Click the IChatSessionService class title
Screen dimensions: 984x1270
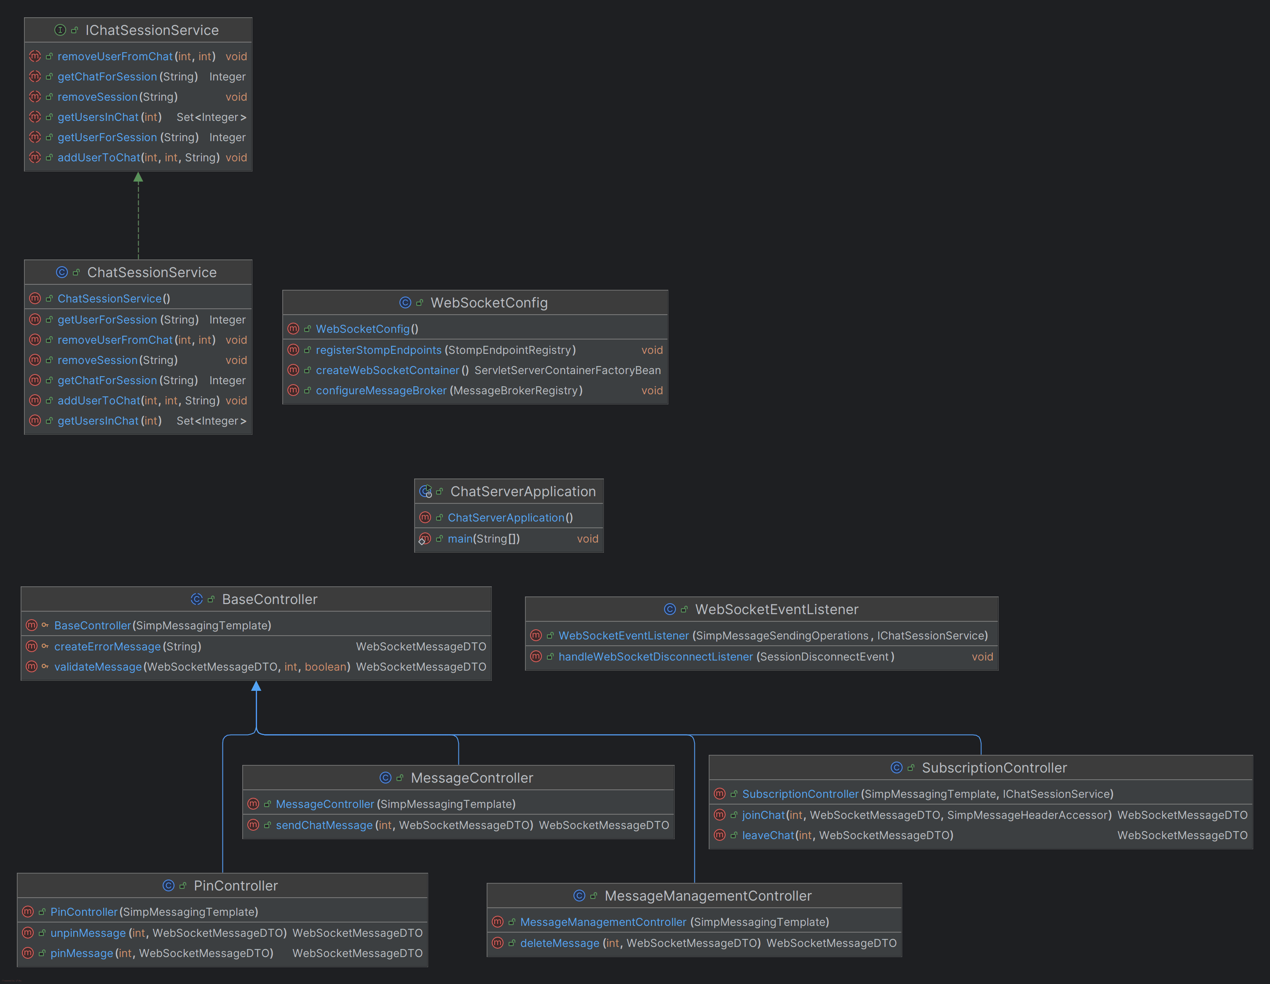[x=152, y=30]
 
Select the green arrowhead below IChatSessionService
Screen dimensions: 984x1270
[x=138, y=177]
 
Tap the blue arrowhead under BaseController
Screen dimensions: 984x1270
[x=256, y=687]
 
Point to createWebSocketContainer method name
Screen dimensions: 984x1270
[x=387, y=370]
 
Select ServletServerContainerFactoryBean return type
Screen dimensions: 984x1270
[x=567, y=370]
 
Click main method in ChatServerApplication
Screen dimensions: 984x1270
[x=459, y=539]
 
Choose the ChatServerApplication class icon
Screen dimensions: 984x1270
[x=426, y=492]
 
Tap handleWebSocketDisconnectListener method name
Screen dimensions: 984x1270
[x=655, y=657]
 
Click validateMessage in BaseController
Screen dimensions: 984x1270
[x=98, y=667]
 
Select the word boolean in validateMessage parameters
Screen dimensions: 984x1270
[x=325, y=667]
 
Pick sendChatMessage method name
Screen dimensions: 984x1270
[x=324, y=825]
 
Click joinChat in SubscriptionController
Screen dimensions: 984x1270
[x=763, y=815]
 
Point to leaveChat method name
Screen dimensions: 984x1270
[x=768, y=835]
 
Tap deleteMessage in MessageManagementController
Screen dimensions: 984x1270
[x=560, y=943]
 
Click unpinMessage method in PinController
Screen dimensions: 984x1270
[x=88, y=933]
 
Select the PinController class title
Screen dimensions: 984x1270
[x=236, y=886]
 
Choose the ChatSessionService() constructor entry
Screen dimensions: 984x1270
[x=113, y=299]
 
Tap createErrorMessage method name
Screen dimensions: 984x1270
[x=107, y=646]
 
